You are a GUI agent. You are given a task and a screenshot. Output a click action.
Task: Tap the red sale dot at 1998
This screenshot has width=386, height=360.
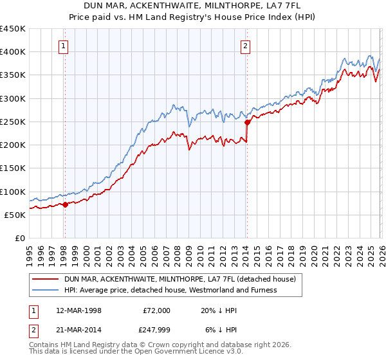(65, 204)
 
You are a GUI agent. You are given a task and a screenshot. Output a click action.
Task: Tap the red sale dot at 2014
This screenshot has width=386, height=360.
(247, 122)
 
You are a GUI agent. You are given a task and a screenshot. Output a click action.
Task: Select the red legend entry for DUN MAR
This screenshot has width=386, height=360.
(179, 280)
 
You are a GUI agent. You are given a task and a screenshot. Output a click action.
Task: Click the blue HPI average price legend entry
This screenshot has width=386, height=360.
(170, 290)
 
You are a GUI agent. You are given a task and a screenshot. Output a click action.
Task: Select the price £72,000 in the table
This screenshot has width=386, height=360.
(156, 310)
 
